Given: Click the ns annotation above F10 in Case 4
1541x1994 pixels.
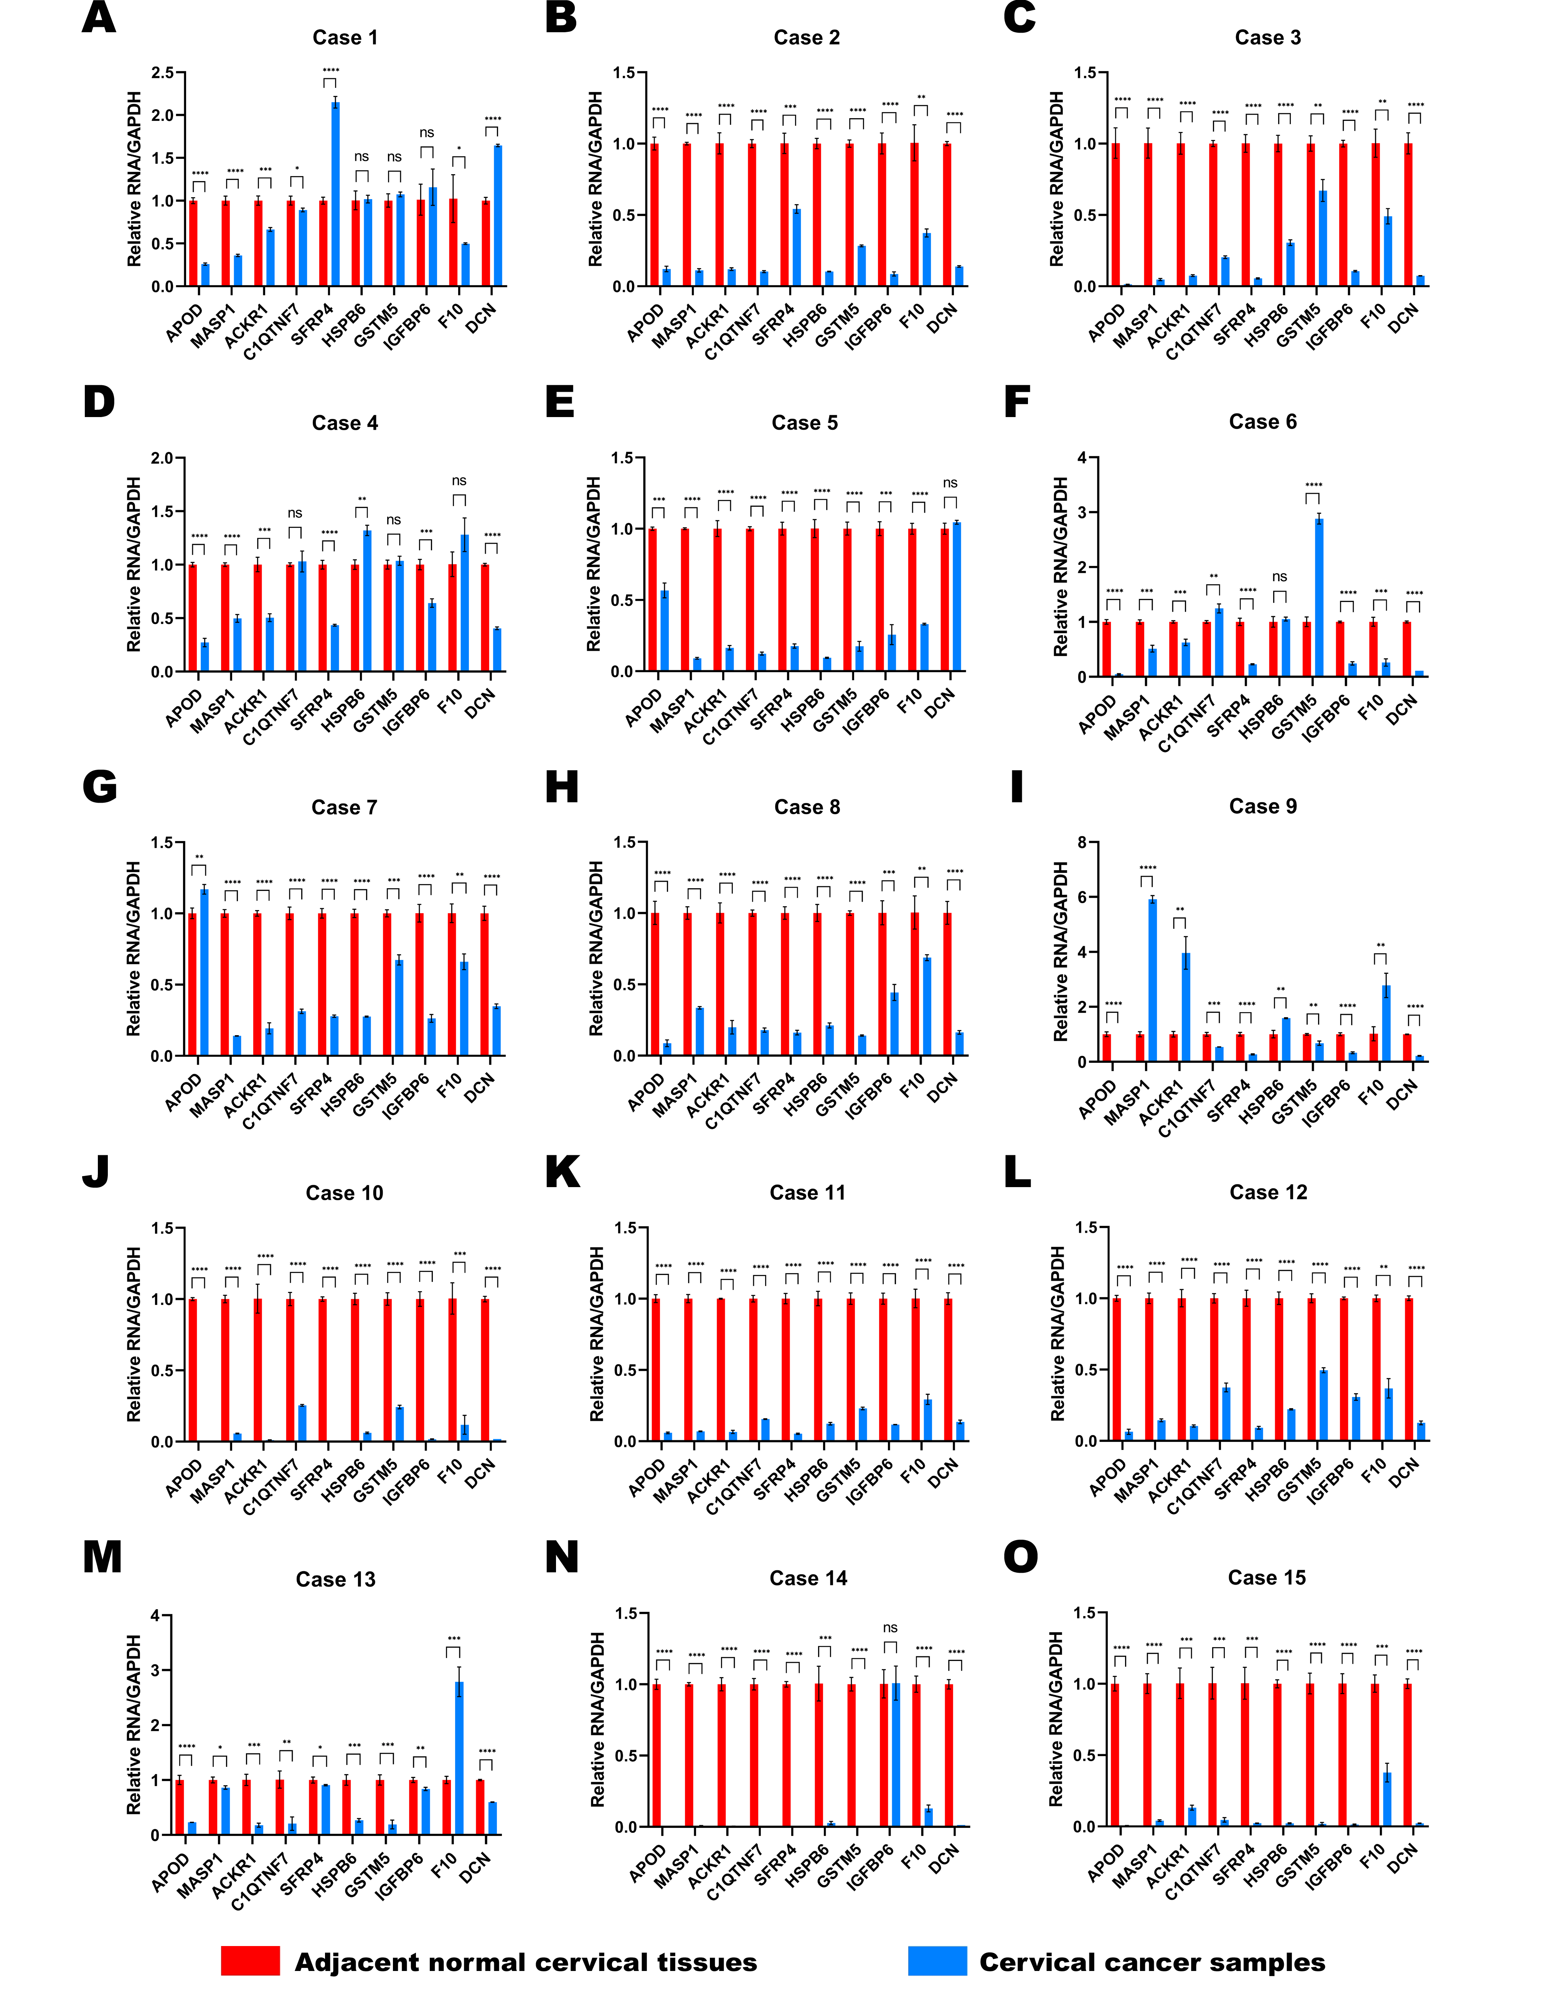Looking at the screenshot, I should [459, 481].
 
